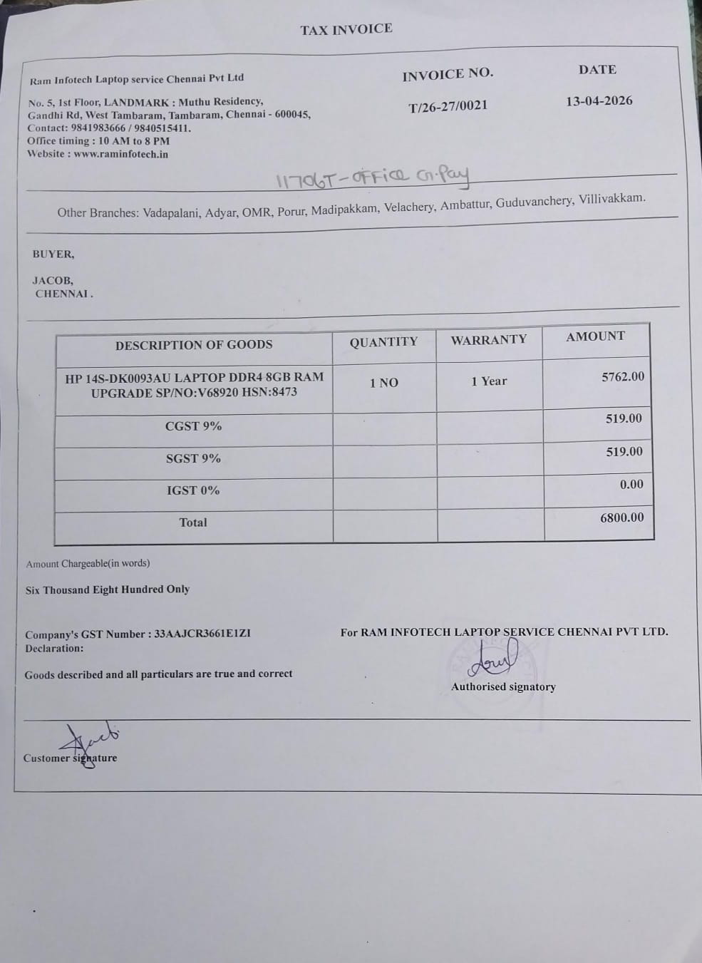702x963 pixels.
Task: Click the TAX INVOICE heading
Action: (346, 29)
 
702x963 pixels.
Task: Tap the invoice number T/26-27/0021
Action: (448, 106)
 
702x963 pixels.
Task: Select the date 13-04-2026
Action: (599, 101)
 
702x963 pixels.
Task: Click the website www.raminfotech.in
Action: (120, 154)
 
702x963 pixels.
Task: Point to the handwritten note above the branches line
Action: (373, 178)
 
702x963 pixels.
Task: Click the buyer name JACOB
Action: (52, 280)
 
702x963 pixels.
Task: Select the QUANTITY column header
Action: (383, 342)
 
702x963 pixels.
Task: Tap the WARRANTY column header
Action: (489, 340)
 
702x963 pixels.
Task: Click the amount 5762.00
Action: (622, 376)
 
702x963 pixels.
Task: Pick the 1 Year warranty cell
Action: (489, 381)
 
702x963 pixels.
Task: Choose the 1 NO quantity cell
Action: (383, 383)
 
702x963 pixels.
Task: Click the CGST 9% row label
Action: (193, 426)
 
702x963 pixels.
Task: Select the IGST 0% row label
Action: (193, 490)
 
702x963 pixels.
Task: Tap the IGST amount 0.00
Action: (631, 485)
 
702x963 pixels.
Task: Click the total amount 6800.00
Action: (621, 517)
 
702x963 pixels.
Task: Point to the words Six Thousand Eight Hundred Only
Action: (108, 589)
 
